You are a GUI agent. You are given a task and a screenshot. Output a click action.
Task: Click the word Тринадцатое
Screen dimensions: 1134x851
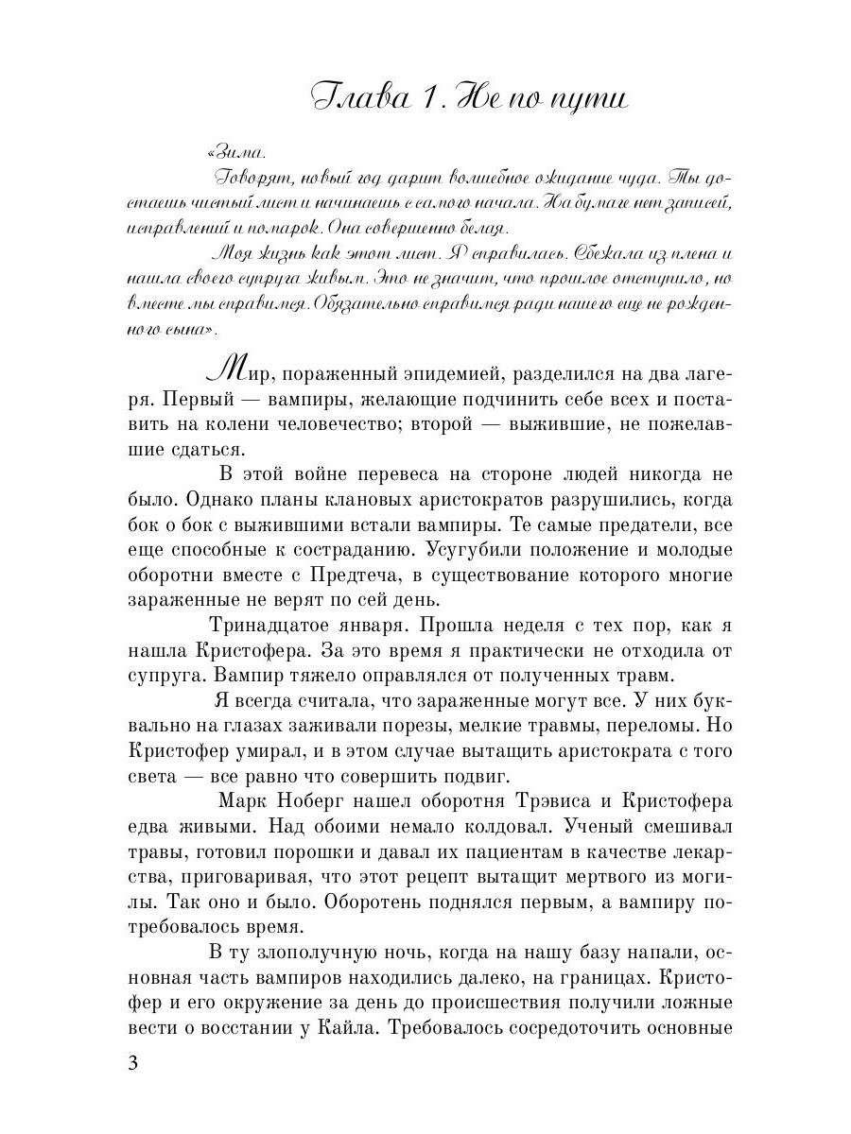tap(274, 626)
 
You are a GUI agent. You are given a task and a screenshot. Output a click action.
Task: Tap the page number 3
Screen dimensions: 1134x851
tap(133, 1062)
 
